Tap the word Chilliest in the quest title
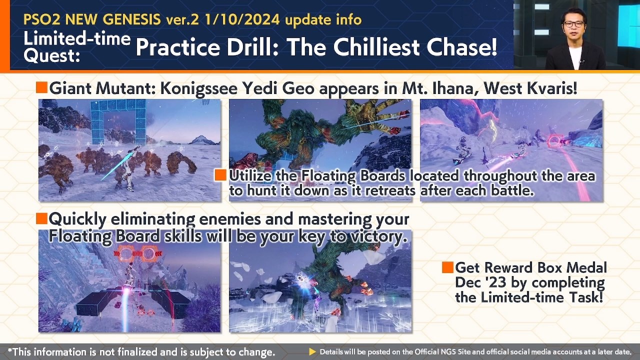click(x=377, y=47)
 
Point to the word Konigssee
click(x=199, y=89)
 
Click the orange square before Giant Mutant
click(x=41, y=87)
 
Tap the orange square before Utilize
click(x=220, y=175)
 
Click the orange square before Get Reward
click(x=447, y=267)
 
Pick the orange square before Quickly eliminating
click(x=41, y=218)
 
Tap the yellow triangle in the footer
click(x=312, y=351)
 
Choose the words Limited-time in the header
click(x=77, y=38)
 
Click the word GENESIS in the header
click(x=131, y=19)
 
